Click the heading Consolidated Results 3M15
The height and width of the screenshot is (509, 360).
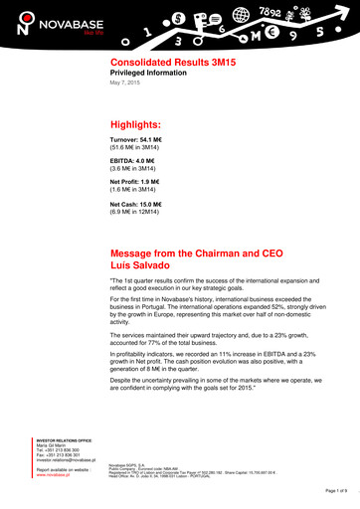point(165,62)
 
